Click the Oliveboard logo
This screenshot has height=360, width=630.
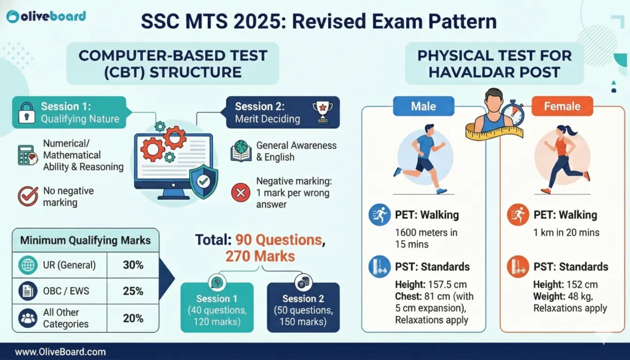(46, 16)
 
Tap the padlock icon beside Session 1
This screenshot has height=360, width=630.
(27, 113)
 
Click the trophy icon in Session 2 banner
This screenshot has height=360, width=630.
(322, 112)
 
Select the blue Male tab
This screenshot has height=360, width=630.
(424, 106)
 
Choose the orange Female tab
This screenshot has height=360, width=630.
(562, 106)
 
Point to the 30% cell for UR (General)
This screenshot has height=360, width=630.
(133, 265)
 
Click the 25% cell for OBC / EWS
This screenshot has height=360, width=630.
(133, 291)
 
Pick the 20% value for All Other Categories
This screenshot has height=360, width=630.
(133, 318)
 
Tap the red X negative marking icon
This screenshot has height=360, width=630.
(240, 193)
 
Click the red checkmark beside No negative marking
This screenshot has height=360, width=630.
(28, 196)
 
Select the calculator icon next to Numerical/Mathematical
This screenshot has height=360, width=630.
(28, 155)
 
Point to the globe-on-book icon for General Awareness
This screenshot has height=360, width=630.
(241, 151)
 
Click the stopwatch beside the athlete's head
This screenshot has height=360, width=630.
(514, 113)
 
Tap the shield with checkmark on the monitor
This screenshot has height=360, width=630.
(203, 182)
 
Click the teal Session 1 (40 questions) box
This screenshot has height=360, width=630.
(217, 307)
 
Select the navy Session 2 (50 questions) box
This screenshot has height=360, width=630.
(303, 307)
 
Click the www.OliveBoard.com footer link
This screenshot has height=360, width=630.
(60, 352)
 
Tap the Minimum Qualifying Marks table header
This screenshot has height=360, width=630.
(85, 240)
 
